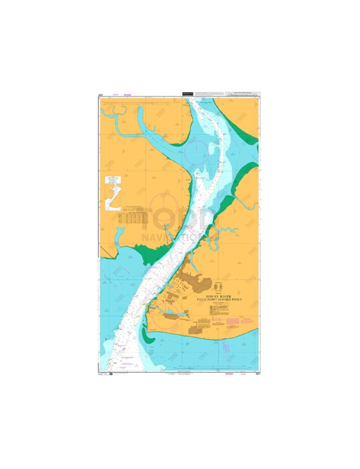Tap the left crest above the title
pyautogui.click(x=211, y=286)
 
